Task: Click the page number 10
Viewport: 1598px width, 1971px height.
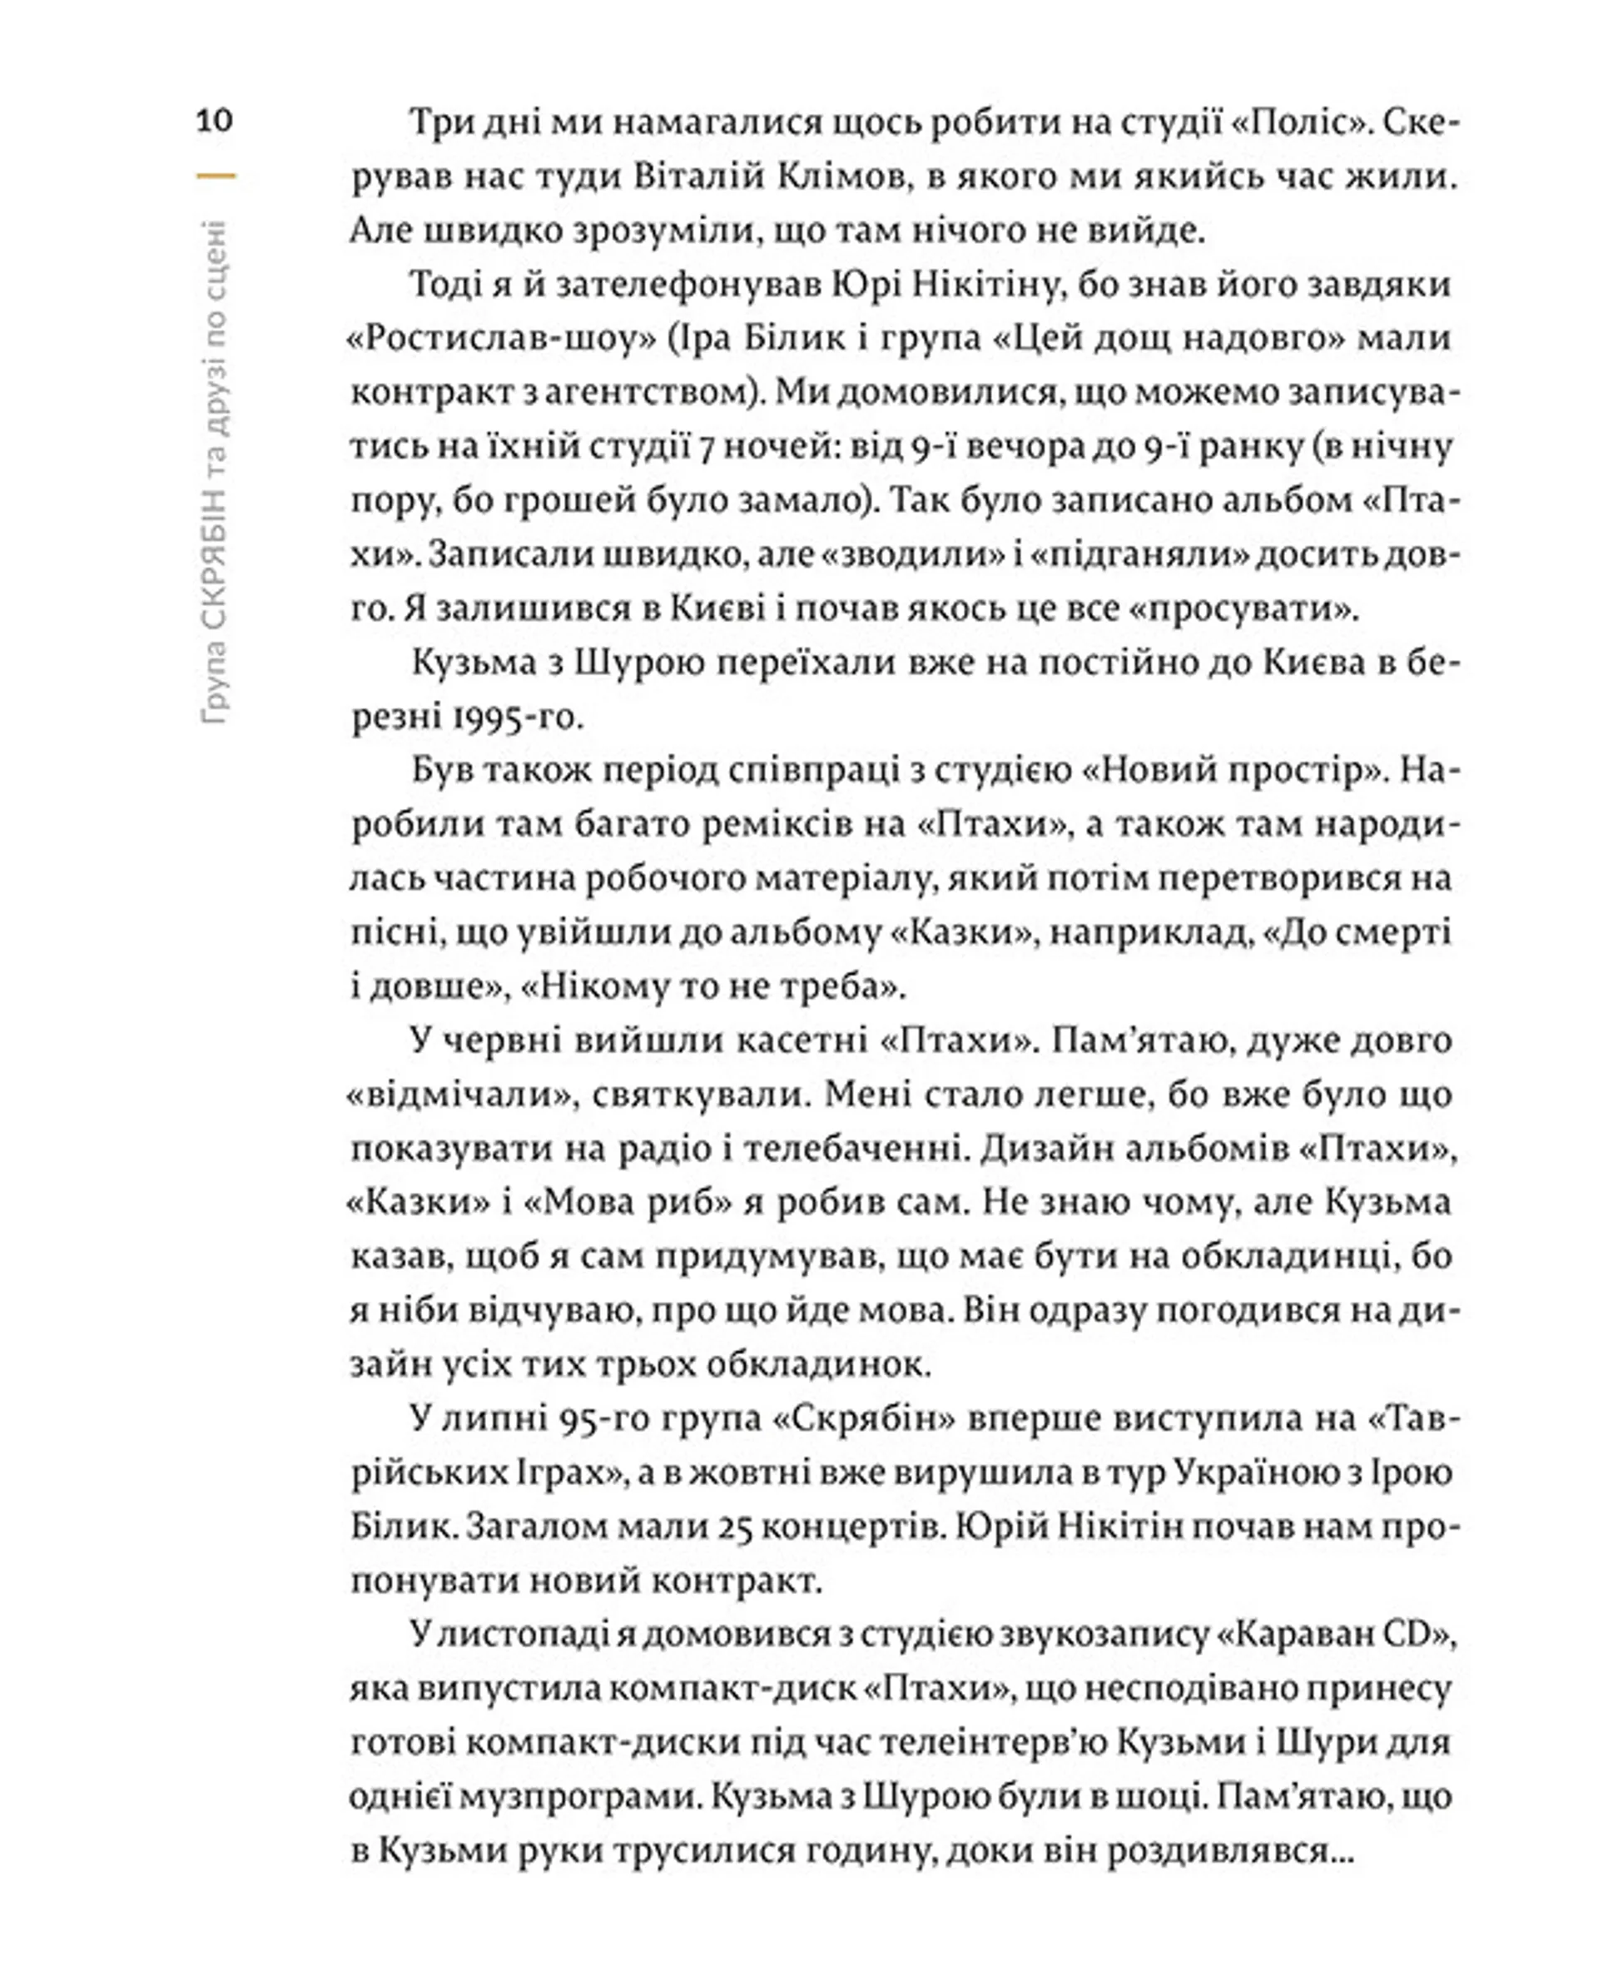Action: coord(215,121)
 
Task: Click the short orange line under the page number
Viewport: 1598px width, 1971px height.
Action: coord(216,175)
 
